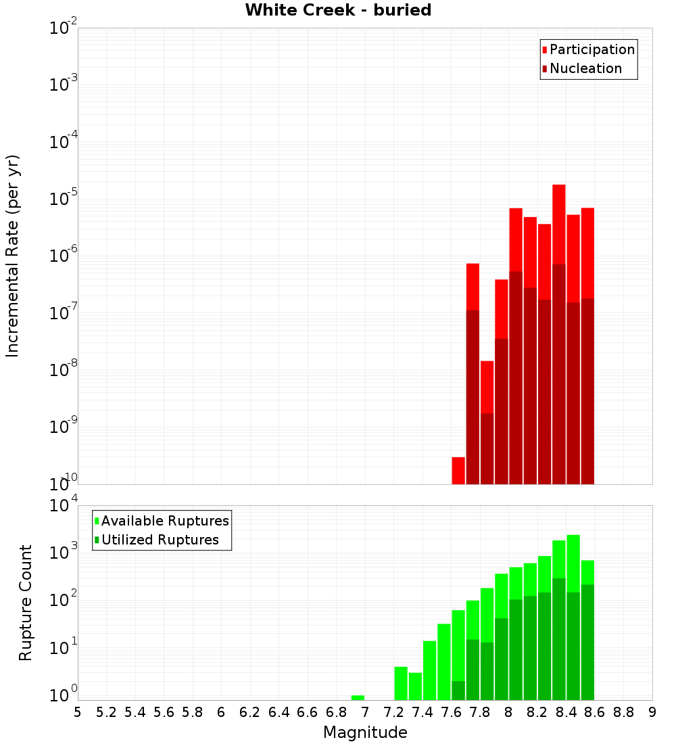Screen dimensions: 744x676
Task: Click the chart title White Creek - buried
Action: (338, 10)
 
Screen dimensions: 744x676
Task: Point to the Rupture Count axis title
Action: (26, 603)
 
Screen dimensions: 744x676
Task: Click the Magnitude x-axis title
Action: (365, 733)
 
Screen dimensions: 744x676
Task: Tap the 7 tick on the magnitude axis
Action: (365, 712)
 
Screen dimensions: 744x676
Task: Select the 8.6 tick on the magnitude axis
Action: (595, 712)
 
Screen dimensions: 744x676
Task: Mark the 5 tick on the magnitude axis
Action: (78, 712)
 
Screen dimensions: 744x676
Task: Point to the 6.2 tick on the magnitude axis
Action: (250, 712)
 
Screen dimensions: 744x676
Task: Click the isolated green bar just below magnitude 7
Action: (358, 697)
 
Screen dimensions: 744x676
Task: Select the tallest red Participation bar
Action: (558, 223)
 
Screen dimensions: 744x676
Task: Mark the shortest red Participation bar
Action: (458, 471)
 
